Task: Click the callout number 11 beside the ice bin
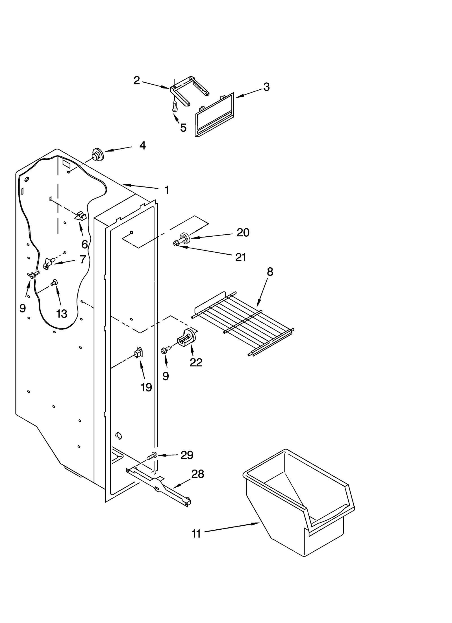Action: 196,534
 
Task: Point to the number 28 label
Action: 197,474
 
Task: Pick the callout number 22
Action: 196,362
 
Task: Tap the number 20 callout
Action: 243,233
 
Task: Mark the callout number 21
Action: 240,257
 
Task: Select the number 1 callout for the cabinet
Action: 167,190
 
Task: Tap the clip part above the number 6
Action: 80,216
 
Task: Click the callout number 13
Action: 62,313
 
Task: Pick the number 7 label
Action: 82,259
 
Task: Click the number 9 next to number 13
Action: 23,308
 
